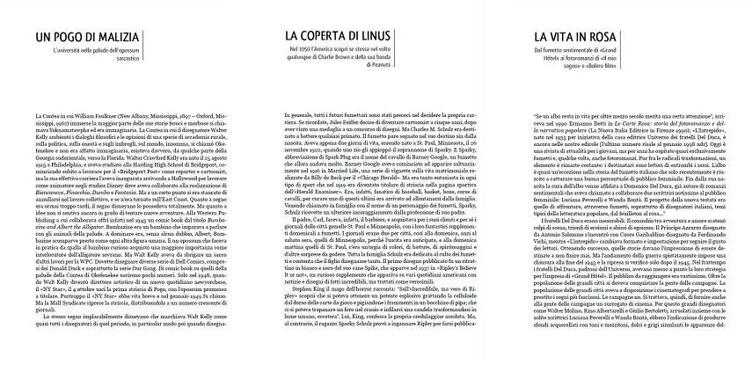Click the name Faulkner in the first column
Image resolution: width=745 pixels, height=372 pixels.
tap(95, 117)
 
